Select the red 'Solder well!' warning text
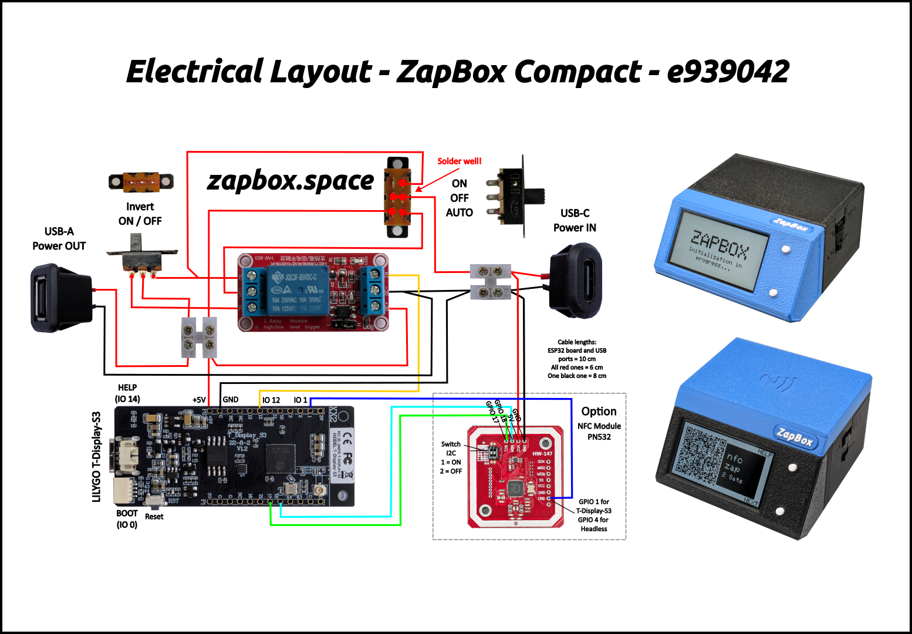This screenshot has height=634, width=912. [459, 161]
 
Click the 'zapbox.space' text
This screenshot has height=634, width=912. [291, 181]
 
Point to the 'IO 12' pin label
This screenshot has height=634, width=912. [271, 400]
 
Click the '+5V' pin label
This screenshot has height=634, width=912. [199, 400]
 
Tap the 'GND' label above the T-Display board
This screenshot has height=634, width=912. [231, 399]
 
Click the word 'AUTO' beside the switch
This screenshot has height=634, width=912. [459, 213]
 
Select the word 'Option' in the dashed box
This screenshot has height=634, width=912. [599, 412]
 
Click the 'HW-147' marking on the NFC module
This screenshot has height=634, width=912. [542, 453]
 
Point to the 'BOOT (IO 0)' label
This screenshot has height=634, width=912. [127, 519]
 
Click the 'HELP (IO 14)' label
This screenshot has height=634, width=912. [127, 393]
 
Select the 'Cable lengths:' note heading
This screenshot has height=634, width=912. [576, 342]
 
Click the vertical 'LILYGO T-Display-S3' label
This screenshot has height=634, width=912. [97, 457]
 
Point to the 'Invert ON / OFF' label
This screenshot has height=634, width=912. [140, 214]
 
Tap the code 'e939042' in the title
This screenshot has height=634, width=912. [728, 72]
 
